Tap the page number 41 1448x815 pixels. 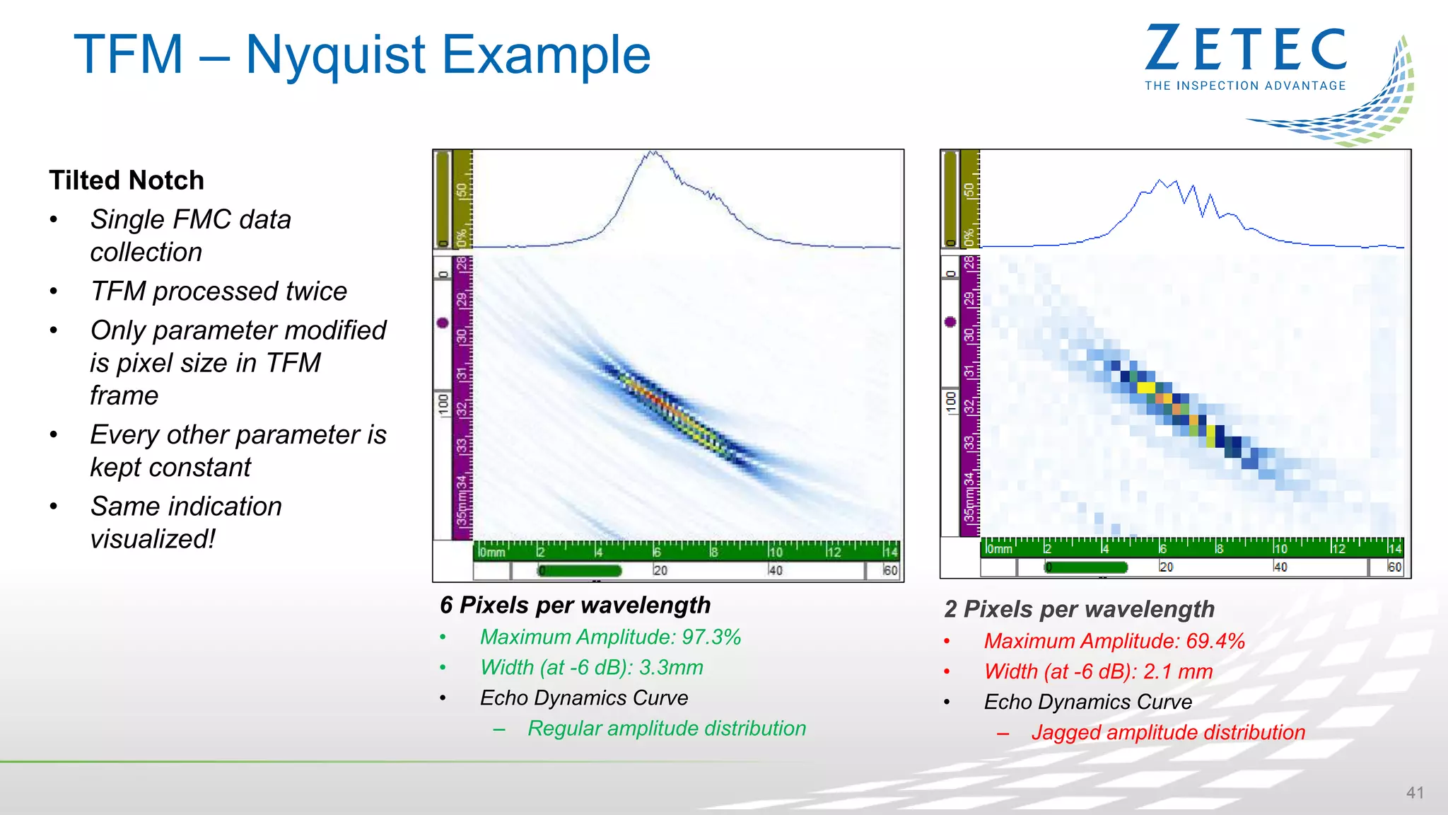1415,792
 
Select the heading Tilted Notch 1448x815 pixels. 127,180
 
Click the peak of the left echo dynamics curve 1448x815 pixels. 653,152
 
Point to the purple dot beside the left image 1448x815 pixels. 443,323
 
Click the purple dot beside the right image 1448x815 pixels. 950,322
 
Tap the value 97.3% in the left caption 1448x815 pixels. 711,637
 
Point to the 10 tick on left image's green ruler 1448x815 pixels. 776,552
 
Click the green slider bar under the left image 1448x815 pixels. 580,570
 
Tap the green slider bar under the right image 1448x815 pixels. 1086,567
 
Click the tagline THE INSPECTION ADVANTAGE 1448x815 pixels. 1245,86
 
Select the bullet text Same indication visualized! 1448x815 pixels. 186,522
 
